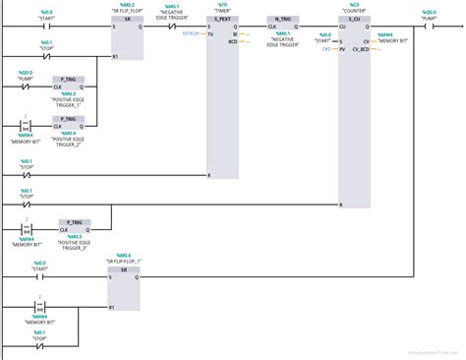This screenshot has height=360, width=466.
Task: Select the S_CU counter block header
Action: (x=355, y=19)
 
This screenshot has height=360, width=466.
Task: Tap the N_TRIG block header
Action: (x=283, y=19)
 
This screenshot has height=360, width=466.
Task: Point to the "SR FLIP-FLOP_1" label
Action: (x=124, y=261)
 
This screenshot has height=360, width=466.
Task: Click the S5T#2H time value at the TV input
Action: (x=192, y=33)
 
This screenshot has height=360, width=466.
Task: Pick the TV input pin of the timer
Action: (x=211, y=33)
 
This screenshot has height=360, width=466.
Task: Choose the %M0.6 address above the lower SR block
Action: (x=124, y=255)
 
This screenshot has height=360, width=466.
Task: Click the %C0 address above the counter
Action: (x=355, y=3)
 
